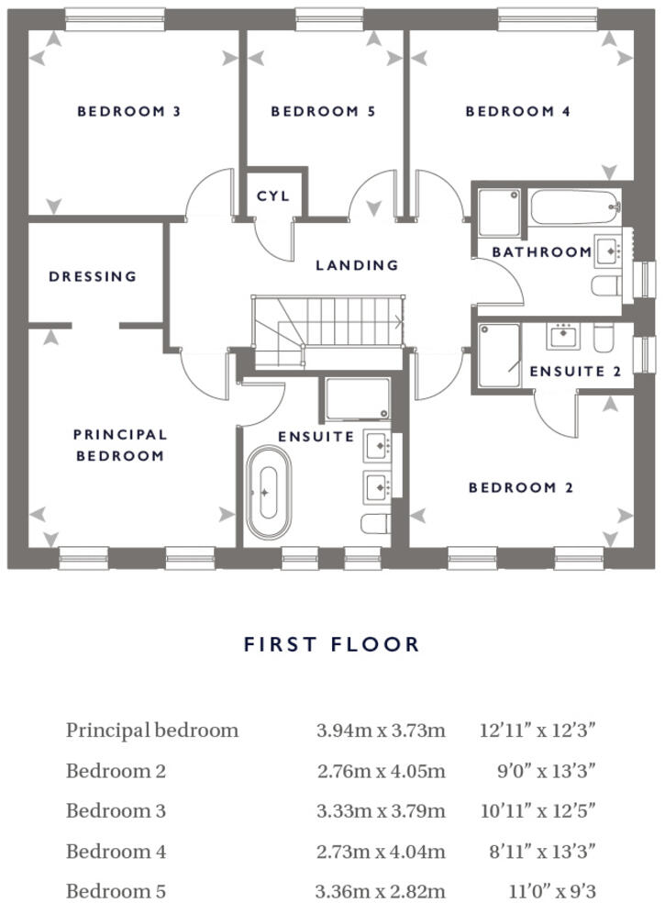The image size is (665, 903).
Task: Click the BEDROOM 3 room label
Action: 128,112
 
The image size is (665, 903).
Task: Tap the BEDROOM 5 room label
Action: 323,112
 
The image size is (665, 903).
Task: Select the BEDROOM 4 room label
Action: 517,112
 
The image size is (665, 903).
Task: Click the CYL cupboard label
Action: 272,196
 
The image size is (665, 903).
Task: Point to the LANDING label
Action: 357,265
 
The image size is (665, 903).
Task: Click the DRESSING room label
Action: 93,276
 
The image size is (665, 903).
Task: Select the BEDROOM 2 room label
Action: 520,488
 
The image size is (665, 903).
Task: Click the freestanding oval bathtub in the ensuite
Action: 266,494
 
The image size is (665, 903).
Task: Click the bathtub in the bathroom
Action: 575,207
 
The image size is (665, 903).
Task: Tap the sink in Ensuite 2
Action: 561,336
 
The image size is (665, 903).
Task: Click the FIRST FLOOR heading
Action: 331,644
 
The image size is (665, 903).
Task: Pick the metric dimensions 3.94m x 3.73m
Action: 381,731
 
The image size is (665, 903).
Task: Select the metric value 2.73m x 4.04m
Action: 381,853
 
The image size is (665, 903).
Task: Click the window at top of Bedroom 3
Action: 115,15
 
